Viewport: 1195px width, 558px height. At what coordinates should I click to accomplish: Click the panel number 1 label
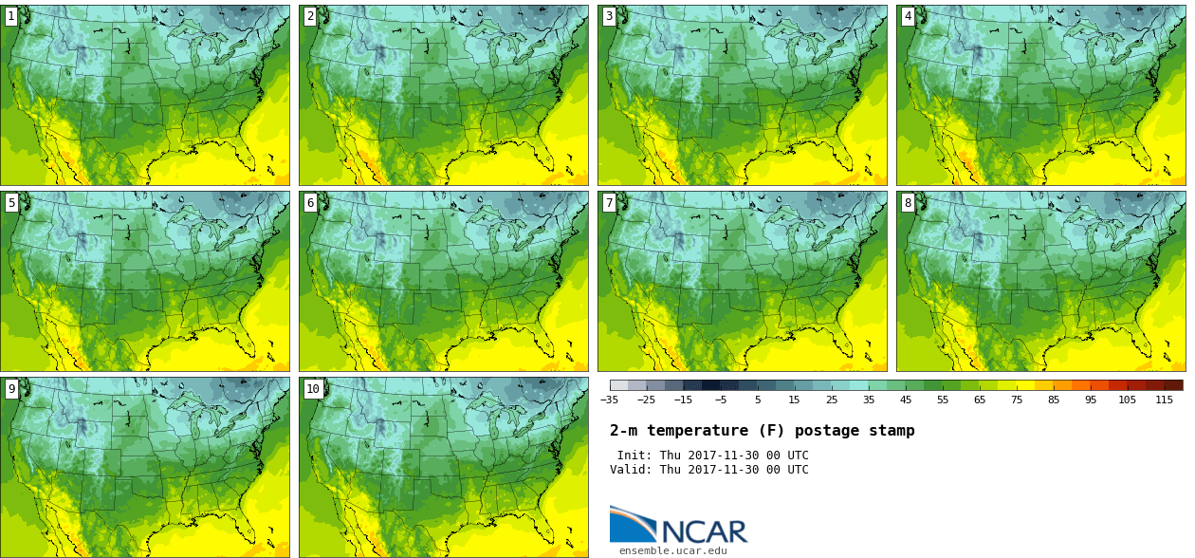(11, 16)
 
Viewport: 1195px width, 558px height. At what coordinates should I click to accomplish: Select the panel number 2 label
(310, 16)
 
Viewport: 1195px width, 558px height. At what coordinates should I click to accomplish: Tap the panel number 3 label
(609, 16)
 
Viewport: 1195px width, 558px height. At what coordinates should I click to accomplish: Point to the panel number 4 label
(908, 16)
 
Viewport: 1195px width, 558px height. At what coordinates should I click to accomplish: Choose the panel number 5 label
(11, 202)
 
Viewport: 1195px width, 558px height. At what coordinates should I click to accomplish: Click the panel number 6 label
(310, 202)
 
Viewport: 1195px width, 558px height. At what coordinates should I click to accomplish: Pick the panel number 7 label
(609, 202)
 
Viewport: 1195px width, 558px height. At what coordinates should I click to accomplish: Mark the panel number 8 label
(908, 202)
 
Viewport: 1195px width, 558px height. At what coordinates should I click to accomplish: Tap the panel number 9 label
(11, 388)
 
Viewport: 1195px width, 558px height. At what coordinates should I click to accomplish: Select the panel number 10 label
(313, 388)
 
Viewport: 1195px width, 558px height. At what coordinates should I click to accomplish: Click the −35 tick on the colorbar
(610, 400)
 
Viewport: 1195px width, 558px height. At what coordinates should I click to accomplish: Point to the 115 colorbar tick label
(1164, 400)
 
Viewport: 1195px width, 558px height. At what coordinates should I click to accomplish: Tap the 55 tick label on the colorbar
(943, 400)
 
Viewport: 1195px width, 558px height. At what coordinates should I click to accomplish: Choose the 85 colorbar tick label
(1053, 400)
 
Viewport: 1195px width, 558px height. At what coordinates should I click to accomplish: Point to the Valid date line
(708, 470)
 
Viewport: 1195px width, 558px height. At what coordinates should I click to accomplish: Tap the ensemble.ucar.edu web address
(673, 550)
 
